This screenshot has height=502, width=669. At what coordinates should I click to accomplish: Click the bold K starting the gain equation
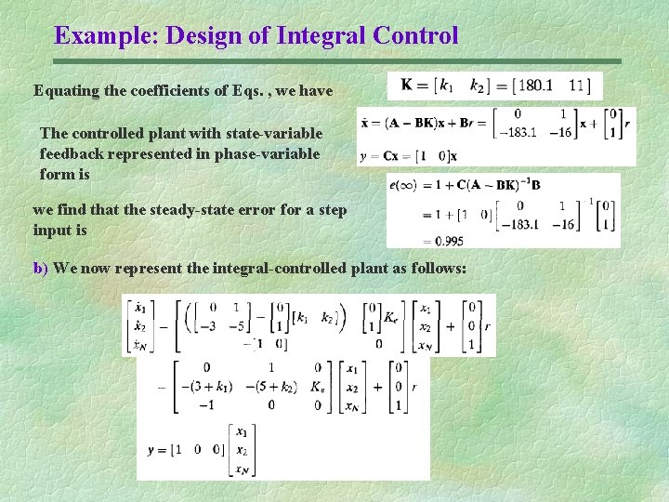(407, 86)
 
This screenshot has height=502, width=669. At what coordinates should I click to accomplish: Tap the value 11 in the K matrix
(577, 86)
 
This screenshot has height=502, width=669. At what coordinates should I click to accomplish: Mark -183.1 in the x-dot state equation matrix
(518, 132)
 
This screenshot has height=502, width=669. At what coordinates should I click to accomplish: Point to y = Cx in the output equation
(381, 154)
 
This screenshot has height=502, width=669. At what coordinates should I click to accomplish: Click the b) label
(41, 269)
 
